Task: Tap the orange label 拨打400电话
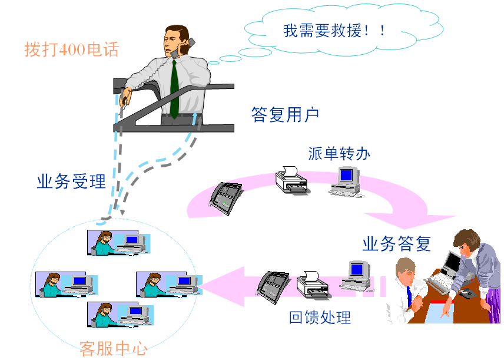click(x=71, y=49)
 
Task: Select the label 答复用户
click(x=285, y=114)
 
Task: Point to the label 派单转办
click(x=339, y=153)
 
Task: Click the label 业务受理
click(x=71, y=181)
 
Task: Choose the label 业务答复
click(x=396, y=243)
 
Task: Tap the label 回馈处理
click(x=320, y=318)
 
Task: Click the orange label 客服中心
click(x=113, y=348)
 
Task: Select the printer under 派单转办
click(x=291, y=180)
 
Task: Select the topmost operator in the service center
click(x=106, y=242)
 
